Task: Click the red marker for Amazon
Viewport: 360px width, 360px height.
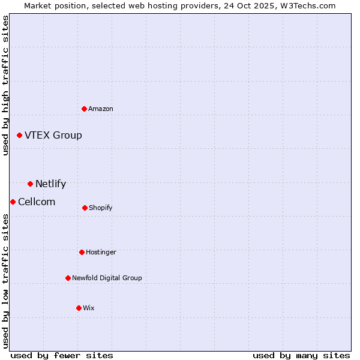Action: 84,109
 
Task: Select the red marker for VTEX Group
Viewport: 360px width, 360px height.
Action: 19,135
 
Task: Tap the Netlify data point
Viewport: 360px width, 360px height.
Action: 30,184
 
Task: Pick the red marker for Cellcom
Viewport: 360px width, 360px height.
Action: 13,202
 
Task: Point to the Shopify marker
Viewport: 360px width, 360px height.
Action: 85,208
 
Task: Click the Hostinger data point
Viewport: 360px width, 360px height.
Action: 82,252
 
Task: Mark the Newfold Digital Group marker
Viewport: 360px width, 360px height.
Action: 68,278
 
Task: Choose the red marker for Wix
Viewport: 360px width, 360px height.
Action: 79,308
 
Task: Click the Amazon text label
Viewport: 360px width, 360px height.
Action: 101,109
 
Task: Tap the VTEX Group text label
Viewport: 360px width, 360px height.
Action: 53,135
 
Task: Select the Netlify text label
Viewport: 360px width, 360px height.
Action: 50,184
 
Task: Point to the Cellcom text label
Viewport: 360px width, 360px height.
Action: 37,202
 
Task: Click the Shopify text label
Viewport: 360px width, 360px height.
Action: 101,208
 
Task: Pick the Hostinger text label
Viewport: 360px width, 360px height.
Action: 101,252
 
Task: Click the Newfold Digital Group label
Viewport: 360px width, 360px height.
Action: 107,278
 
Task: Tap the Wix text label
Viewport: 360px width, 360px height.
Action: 89,308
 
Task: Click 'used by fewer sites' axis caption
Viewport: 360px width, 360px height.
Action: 62,355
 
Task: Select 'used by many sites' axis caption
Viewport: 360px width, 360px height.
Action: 301,355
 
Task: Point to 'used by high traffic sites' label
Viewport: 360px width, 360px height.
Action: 5,85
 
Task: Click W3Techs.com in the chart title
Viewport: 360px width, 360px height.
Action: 307,5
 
